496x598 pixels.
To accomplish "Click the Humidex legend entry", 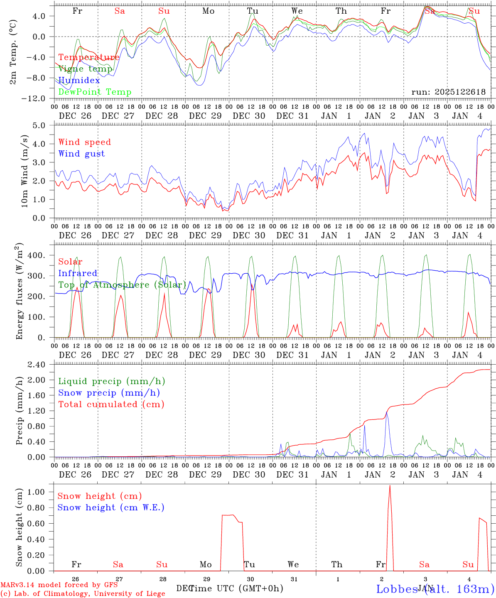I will (x=79, y=81).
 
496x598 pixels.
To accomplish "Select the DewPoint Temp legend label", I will (x=95, y=92).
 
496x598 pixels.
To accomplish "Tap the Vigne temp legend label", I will (x=85, y=69).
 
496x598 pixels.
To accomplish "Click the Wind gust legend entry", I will (x=81, y=154).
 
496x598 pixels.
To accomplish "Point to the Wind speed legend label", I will (x=84, y=142).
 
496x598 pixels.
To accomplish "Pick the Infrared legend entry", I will (x=78, y=273).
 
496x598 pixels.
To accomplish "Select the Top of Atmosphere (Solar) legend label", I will (x=122, y=285).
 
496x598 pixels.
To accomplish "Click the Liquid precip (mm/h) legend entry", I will (x=111, y=381).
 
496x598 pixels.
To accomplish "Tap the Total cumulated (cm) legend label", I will (x=111, y=404).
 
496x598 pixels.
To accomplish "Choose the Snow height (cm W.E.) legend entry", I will (x=111, y=507).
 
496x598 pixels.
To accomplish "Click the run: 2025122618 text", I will (x=448, y=92).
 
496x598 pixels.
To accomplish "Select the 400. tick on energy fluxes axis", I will (x=36, y=255).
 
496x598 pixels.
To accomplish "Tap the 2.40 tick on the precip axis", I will (x=37, y=365).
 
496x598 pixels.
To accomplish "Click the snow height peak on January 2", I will (x=390, y=486).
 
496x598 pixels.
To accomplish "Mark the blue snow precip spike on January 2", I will (x=387, y=413).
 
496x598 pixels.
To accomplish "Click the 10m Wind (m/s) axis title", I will (x=24, y=171).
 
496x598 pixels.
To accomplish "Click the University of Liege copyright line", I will (x=83, y=593).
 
